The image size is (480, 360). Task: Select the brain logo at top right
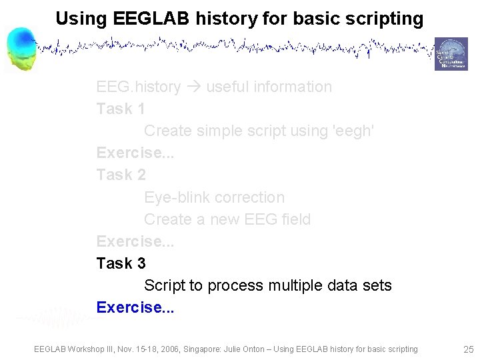pyautogui.click(x=451, y=54)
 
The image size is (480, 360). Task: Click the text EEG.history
pyautogui.click(x=139, y=87)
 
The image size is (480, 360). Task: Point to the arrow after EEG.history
pyautogui.click(x=193, y=87)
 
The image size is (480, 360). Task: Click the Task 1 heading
pyautogui.click(x=121, y=109)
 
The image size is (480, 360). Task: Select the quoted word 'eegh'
pyautogui.click(x=353, y=131)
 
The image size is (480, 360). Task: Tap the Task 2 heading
pyautogui.click(x=121, y=175)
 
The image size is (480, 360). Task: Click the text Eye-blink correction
pyautogui.click(x=214, y=197)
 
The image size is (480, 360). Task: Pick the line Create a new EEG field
pyautogui.click(x=227, y=219)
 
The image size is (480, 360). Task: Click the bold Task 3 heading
pyautogui.click(x=121, y=263)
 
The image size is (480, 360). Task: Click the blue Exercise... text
pyautogui.click(x=135, y=307)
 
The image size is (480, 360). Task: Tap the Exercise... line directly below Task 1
pyautogui.click(x=135, y=153)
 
